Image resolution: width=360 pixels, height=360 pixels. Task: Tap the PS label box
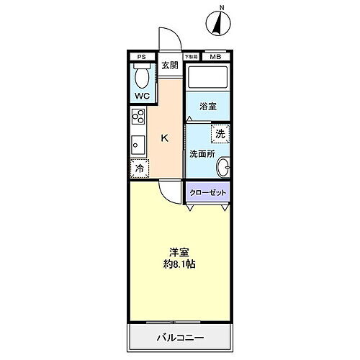pyautogui.click(x=142, y=56)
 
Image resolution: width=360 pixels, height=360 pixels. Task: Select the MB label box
pyautogui.click(x=215, y=56)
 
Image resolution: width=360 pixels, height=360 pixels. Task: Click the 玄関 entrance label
pyautogui.click(x=169, y=66)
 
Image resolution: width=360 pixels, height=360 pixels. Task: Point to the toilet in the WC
pyautogui.click(x=142, y=76)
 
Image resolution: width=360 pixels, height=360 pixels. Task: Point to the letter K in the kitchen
pyautogui.click(x=165, y=138)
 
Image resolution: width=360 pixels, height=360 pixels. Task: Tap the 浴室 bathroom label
pyautogui.click(x=208, y=106)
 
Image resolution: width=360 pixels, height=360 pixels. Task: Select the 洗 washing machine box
pyautogui.click(x=220, y=133)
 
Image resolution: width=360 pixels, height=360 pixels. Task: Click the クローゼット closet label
pyautogui.click(x=208, y=193)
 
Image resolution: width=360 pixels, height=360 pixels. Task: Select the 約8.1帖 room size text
pyautogui.click(x=180, y=264)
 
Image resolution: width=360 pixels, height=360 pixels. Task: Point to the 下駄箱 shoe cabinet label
pyautogui.click(x=192, y=56)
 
